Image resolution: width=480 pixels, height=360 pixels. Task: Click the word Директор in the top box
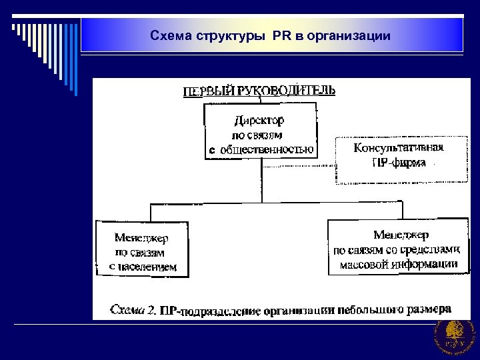[259, 121]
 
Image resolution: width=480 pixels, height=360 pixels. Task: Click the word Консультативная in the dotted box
[399, 148]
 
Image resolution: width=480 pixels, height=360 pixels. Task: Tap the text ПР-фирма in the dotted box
[399, 162]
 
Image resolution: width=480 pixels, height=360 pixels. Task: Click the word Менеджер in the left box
[141, 237]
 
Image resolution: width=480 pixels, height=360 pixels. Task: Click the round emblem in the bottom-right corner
[454, 336]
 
